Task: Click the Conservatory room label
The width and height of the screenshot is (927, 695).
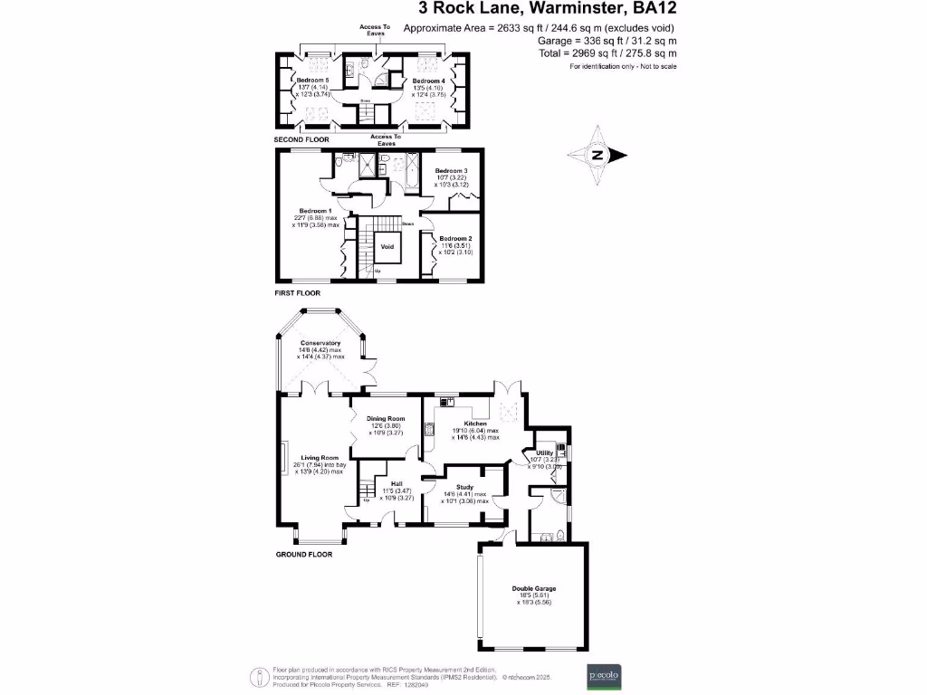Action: [x=321, y=343]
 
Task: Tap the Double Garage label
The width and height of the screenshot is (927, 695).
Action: [x=533, y=589]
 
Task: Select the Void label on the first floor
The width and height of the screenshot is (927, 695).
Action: [x=387, y=246]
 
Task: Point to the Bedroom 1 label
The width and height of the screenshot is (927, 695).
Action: [x=317, y=210]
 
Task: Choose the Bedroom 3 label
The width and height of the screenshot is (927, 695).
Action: [x=451, y=171]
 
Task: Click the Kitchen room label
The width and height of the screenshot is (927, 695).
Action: [x=476, y=424]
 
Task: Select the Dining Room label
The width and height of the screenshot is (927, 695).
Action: [x=385, y=419]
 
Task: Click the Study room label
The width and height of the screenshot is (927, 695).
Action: [x=464, y=487]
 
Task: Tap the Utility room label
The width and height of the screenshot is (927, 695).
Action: [x=544, y=452]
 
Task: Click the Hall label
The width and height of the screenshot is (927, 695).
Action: [x=396, y=483]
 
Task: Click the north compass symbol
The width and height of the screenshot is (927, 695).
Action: [x=597, y=155]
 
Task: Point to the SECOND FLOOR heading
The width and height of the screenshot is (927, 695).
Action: [x=301, y=140]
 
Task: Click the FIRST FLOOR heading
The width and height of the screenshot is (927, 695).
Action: [x=297, y=293]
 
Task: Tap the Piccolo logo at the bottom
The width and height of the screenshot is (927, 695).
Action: [x=603, y=675]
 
